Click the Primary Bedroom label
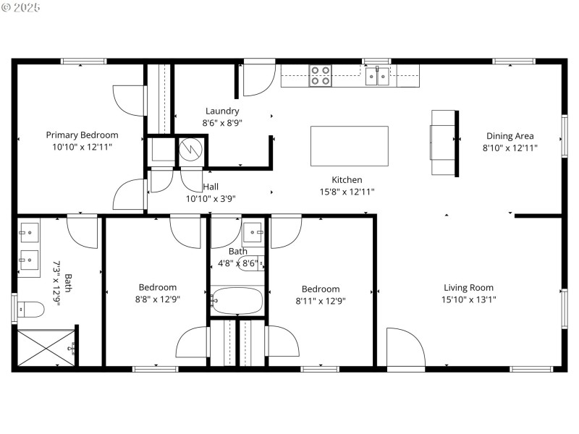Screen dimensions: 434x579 (82, 135)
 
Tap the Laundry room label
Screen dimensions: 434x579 (221, 111)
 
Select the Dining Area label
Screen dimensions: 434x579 (510, 136)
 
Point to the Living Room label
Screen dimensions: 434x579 (468, 287)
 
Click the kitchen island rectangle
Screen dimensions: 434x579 (349, 146)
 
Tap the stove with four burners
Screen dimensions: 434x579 (321, 76)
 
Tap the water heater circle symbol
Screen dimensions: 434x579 (190, 150)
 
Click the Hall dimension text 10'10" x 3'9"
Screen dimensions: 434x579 (211, 198)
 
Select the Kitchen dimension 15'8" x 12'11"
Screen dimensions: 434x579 (347, 192)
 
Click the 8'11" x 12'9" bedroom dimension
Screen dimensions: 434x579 (321, 301)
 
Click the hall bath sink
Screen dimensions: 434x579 (253, 233)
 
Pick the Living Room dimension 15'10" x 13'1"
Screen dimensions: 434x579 (468, 299)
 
